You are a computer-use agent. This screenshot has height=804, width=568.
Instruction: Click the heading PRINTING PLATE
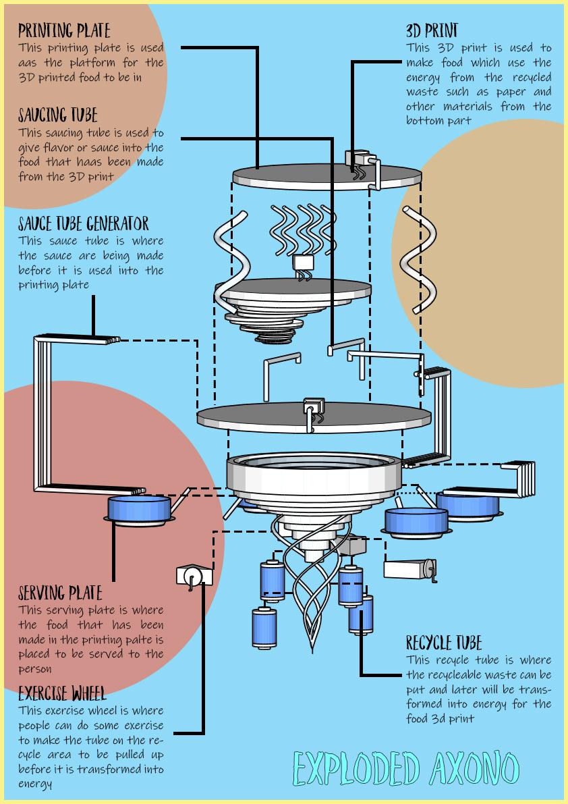(x=64, y=30)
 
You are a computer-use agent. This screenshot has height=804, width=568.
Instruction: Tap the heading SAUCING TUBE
(x=58, y=115)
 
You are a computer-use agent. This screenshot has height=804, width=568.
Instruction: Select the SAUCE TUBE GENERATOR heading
(x=84, y=223)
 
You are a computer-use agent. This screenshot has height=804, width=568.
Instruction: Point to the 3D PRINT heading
(x=432, y=30)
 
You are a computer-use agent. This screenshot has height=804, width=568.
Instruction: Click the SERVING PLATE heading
(x=60, y=593)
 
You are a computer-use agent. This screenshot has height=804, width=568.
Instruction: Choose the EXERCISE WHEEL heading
(x=62, y=694)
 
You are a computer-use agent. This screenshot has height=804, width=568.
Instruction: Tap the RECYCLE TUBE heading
(x=444, y=643)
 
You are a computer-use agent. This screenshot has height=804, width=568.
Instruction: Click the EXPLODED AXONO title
(x=406, y=770)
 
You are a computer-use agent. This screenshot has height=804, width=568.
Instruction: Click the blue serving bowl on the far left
(x=139, y=510)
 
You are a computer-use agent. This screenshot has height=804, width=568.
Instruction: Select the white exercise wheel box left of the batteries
(x=194, y=577)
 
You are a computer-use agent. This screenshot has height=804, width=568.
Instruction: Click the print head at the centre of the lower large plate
(x=313, y=411)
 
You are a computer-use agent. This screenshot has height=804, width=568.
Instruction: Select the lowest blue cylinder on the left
(x=264, y=628)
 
